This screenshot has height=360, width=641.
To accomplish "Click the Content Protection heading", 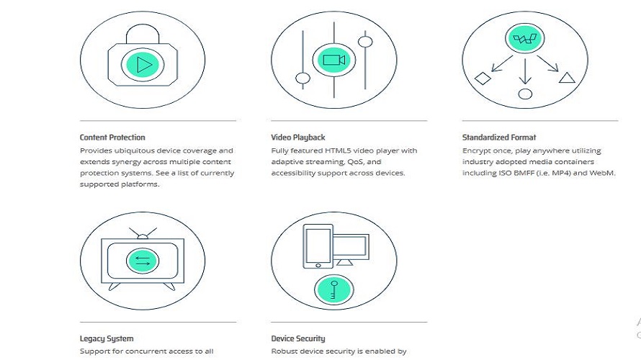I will (x=112, y=137).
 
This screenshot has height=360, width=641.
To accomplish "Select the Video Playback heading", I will (x=298, y=137).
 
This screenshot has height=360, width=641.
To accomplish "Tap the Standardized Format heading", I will (x=499, y=137).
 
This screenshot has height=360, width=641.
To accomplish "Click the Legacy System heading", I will (x=107, y=338).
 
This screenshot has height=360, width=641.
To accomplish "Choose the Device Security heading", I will (x=298, y=338).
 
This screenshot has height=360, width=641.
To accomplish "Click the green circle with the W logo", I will (x=524, y=40).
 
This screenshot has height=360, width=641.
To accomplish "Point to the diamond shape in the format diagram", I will (x=483, y=78).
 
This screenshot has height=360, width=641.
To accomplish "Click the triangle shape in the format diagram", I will (x=567, y=78).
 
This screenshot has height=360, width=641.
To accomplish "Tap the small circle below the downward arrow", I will (x=525, y=94).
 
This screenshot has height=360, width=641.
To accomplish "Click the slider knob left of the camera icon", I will (x=302, y=78).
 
